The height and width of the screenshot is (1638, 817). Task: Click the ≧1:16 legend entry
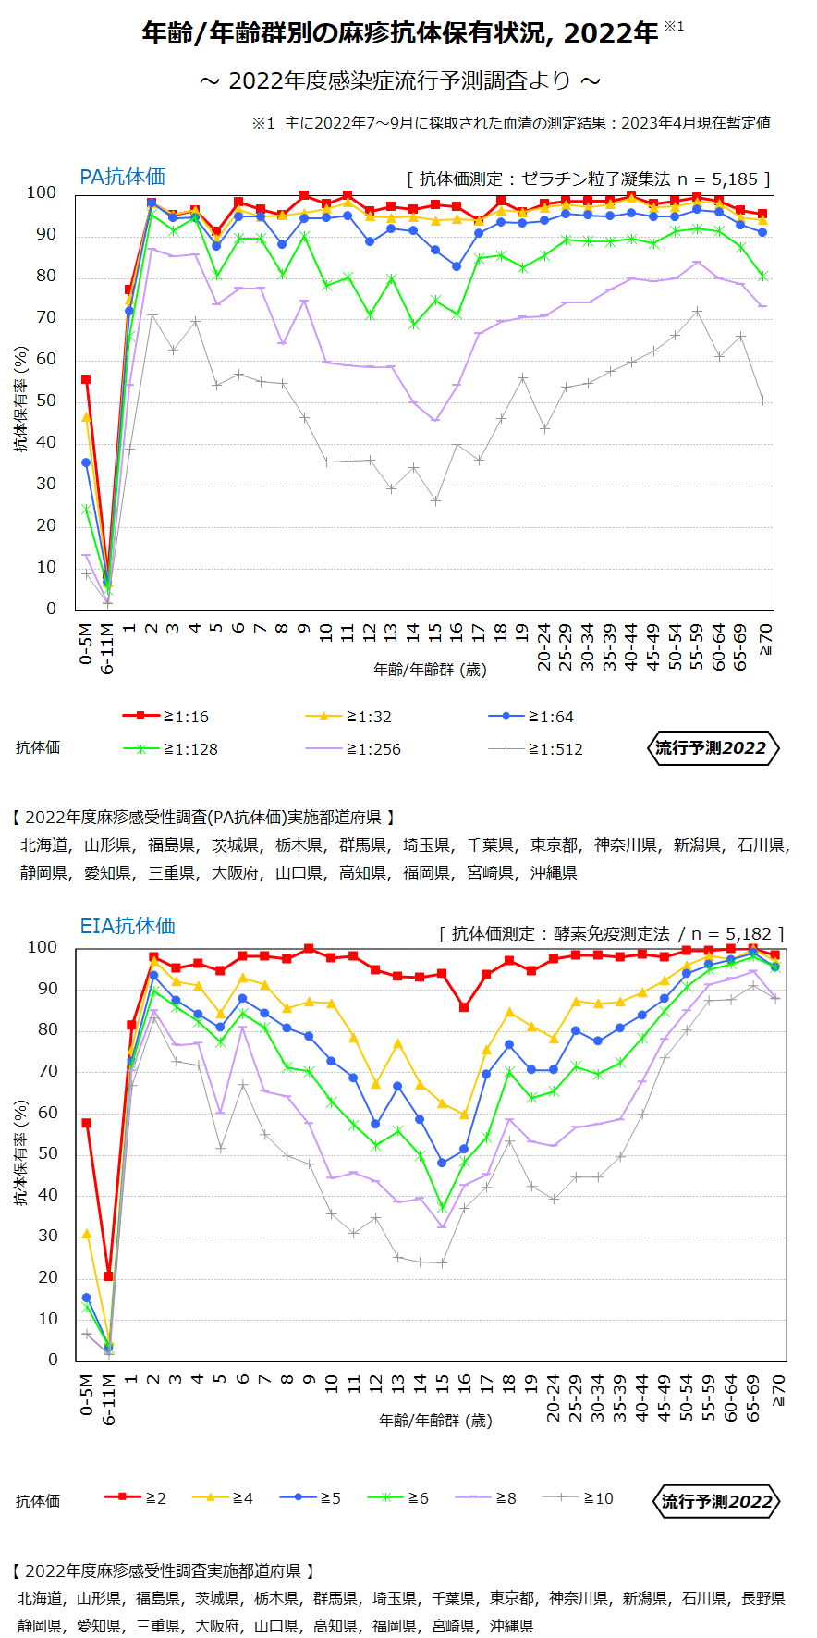coord(166,716)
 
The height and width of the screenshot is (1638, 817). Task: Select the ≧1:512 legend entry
coord(536,749)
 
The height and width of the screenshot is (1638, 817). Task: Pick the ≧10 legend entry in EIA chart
coord(579,1497)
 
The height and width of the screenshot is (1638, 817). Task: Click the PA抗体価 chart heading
coord(122,177)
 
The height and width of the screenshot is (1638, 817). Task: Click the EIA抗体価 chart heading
coord(128,926)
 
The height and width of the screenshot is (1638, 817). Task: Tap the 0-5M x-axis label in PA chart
coord(86,643)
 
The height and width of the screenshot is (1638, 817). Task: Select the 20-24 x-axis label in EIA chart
coord(554,1398)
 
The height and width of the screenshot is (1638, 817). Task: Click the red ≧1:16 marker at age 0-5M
coord(86,379)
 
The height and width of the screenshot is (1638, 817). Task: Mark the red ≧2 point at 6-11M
coord(108,1276)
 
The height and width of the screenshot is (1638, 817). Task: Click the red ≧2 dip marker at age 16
coord(464,1007)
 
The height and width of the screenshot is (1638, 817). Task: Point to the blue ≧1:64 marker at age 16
coord(457,266)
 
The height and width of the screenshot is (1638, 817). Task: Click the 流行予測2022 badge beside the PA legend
coord(712,747)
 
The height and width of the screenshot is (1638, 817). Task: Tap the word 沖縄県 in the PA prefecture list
coord(554,872)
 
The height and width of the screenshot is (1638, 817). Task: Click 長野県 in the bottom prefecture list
coord(762,1597)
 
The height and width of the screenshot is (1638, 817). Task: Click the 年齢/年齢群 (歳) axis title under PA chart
coord(430,669)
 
